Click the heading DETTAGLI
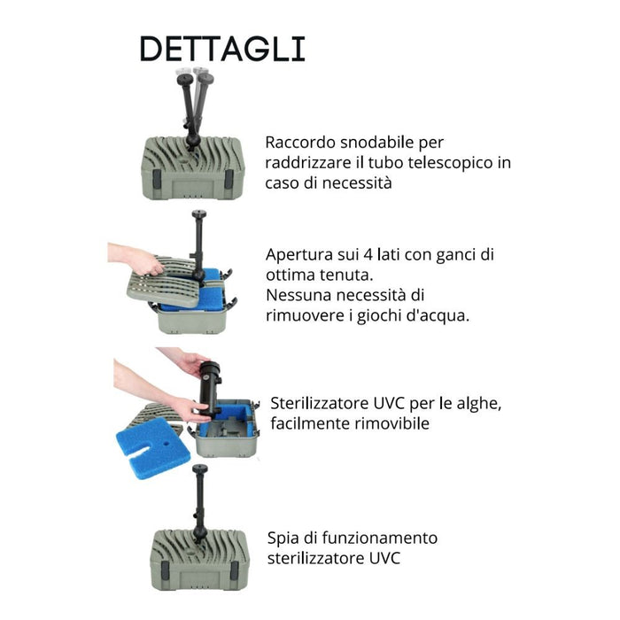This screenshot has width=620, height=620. pyautogui.click(x=221, y=49)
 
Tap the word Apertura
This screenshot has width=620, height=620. pyautogui.click(x=298, y=255)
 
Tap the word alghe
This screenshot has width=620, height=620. pyautogui.click(x=480, y=404)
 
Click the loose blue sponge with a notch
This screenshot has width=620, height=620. pyautogui.click(x=148, y=447)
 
